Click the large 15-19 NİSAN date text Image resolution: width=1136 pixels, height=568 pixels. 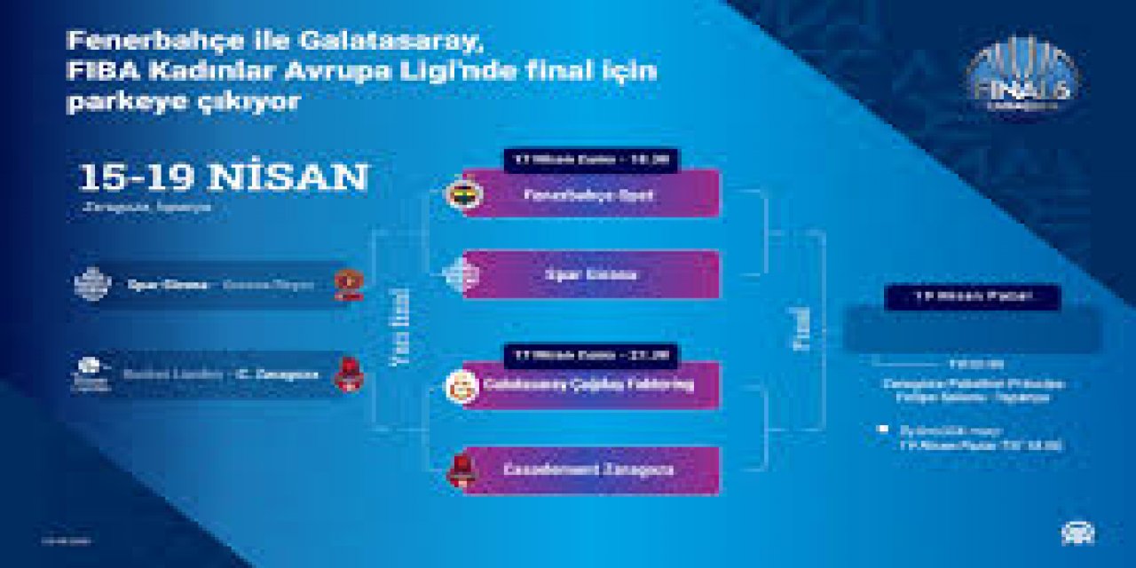point(223,177)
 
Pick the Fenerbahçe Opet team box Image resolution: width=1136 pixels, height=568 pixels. point(590,194)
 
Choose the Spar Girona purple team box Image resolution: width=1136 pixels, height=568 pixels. point(590,275)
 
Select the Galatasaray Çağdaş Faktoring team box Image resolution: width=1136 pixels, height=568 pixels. point(590,385)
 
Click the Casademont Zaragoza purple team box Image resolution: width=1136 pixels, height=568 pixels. point(590,470)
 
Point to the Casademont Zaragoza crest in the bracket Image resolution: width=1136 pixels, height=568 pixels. point(461,470)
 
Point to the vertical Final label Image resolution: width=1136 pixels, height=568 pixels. point(799,329)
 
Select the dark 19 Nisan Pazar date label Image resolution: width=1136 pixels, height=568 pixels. point(972,297)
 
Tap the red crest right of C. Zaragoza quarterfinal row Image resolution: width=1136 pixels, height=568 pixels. point(348,374)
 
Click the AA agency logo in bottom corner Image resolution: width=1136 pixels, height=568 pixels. point(1077,532)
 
